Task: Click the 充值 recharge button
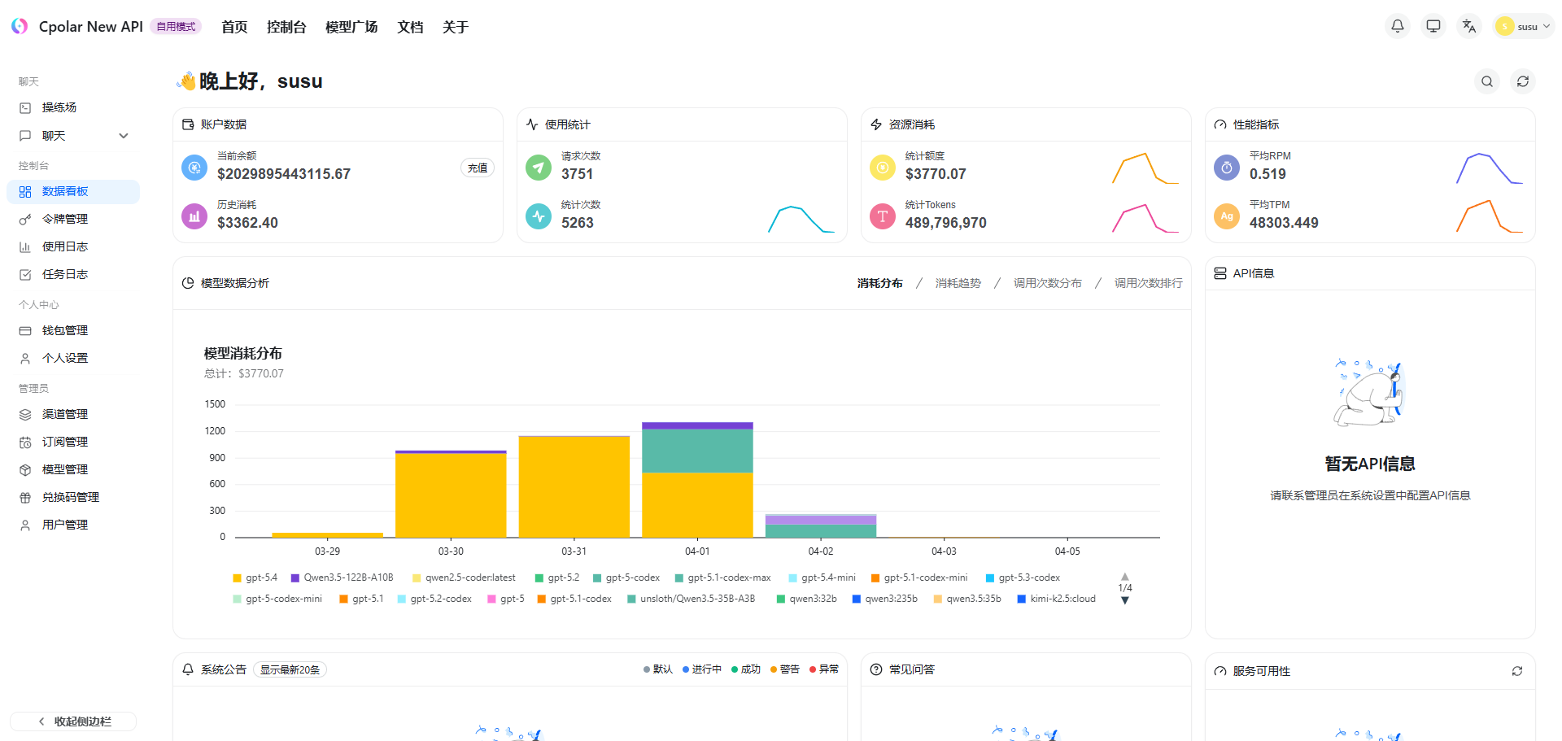478,168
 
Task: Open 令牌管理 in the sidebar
65,219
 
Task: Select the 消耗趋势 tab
958,283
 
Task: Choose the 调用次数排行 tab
1148,283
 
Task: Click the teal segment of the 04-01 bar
697,451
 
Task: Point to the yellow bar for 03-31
574,487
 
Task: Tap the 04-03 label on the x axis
944,551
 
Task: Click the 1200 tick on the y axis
215,431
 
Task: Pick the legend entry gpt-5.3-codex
1023,578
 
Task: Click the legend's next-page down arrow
1125,600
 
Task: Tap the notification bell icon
1398,26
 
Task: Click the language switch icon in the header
1469,26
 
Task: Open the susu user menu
1524,26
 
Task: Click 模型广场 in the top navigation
351,27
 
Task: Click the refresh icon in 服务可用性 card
1517,671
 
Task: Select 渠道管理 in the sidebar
65,414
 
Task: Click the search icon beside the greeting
1487,81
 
